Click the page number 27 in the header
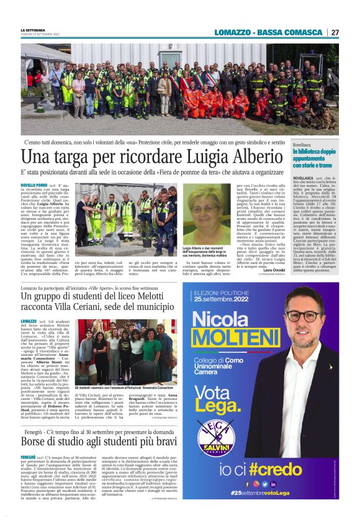335,32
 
